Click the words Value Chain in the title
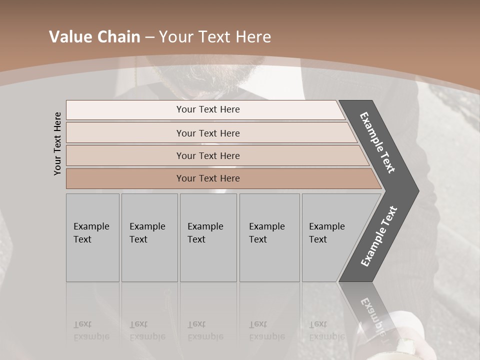click(x=94, y=37)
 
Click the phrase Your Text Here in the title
click(x=215, y=37)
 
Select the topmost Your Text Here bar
click(x=208, y=109)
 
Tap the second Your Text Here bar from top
click(x=208, y=133)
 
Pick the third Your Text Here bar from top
click(x=208, y=155)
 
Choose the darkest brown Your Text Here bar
click(x=208, y=178)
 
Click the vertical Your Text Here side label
click(x=58, y=143)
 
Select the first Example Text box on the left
click(x=92, y=237)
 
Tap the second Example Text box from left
click(x=149, y=237)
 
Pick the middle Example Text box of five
click(x=207, y=237)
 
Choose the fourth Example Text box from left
click(x=269, y=237)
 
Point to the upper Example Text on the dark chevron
click(x=378, y=142)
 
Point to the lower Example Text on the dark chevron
click(x=379, y=236)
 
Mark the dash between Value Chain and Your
click(x=149, y=37)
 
